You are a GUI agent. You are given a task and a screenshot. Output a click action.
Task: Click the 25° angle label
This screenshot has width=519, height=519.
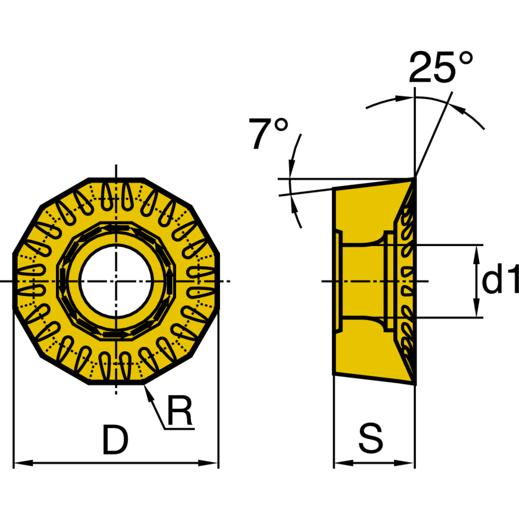coord(441,67)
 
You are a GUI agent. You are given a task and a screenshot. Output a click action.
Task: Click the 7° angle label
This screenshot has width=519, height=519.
coord(268,133)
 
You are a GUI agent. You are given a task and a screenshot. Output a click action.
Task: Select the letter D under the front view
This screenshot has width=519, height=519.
coord(115,440)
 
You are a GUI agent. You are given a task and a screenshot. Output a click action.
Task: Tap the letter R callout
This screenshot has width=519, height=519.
coord(180,410)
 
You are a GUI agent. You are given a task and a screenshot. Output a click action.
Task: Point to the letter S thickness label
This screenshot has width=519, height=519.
coord(371,438)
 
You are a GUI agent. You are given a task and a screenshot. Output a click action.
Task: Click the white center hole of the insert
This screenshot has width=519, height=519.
coord(116,281)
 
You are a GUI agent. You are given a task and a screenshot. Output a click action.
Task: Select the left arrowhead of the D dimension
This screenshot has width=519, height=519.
coord(23,463)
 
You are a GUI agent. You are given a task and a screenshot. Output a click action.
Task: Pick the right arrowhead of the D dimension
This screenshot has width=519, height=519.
coord(208,463)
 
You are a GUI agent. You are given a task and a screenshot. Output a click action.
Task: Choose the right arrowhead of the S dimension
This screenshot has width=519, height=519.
coord(404,463)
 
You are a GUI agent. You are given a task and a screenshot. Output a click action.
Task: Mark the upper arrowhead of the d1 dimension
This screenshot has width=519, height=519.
coord(476,254)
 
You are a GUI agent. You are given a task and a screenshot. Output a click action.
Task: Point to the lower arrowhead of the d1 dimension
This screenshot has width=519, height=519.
coord(476,308)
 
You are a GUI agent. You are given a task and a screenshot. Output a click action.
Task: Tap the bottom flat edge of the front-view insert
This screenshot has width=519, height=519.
coord(116,383)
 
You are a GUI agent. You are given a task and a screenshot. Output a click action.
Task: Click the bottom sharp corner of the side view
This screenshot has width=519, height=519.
coord(415,384)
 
